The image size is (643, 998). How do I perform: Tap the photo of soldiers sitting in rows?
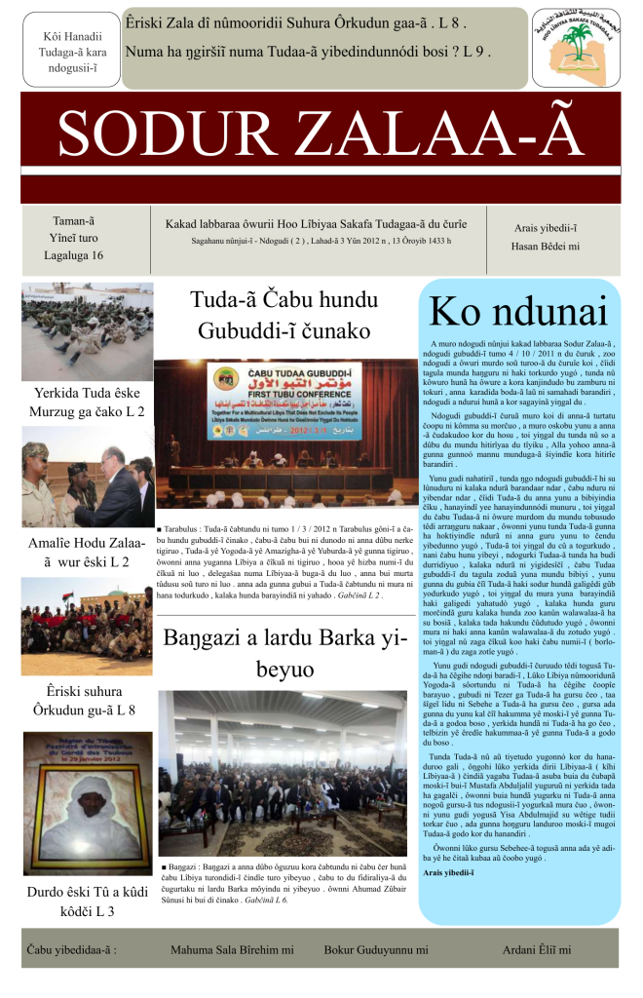point(88,332)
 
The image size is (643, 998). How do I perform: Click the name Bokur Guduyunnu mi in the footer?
point(376,948)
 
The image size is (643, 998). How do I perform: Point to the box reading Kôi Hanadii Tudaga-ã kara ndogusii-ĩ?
point(65,51)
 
